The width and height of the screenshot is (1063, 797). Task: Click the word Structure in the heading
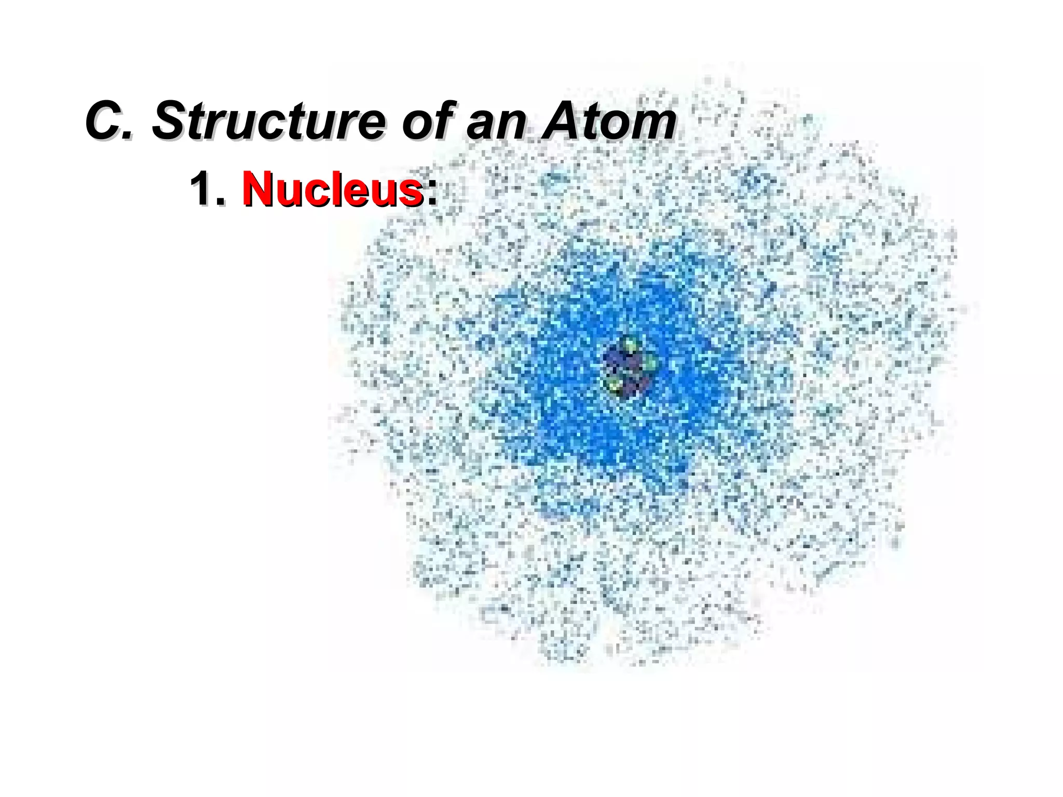pos(268,121)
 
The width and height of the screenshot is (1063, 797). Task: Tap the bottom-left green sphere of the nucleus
pos(615,385)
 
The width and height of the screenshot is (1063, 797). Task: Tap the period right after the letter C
pos(129,136)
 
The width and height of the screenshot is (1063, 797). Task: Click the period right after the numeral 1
pos(220,202)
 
